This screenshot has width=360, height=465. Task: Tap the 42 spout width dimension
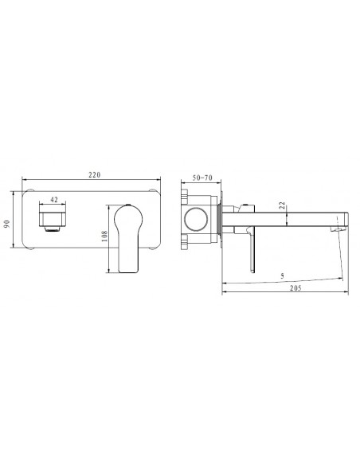tap(53, 200)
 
